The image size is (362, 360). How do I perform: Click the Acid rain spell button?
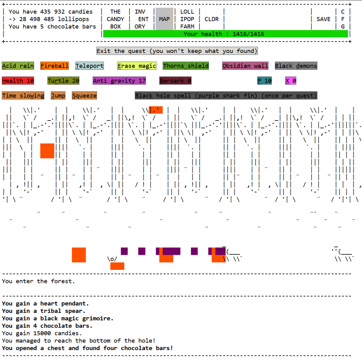[x=18, y=66]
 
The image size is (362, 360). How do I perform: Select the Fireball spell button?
[x=54, y=66]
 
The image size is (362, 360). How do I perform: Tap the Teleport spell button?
[x=89, y=66]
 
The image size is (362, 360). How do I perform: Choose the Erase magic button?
[x=137, y=66]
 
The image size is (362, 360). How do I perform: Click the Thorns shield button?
[x=186, y=66]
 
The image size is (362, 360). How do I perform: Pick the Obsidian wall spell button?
[x=245, y=66]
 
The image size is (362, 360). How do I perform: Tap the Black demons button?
[x=296, y=66]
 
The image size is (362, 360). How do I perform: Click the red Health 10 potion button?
[x=18, y=81]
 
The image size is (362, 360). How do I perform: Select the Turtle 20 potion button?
[x=63, y=81]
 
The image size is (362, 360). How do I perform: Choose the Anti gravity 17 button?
[x=119, y=81]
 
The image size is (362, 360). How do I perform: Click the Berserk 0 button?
[x=175, y=81]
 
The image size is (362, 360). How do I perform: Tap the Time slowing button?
[x=23, y=95]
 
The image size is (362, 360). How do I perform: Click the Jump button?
[x=58, y=95]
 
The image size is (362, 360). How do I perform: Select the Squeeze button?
[x=84, y=95]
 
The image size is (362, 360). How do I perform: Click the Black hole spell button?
[x=226, y=95]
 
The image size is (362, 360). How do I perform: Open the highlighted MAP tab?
[x=164, y=19]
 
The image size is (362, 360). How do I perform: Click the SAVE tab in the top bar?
[x=323, y=19]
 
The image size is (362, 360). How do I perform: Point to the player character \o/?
[x=112, y=259]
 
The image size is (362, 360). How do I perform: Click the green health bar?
[x=225, y=34]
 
